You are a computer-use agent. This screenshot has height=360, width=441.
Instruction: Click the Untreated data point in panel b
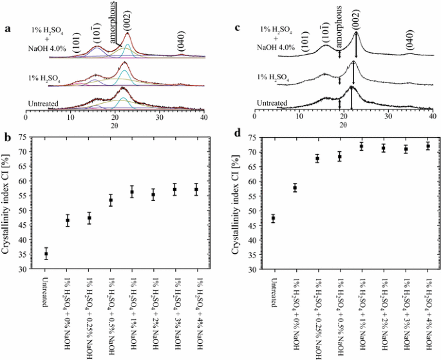(x=46, y=254)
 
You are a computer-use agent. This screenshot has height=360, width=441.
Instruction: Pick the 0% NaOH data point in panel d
(x=294, y=188)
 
